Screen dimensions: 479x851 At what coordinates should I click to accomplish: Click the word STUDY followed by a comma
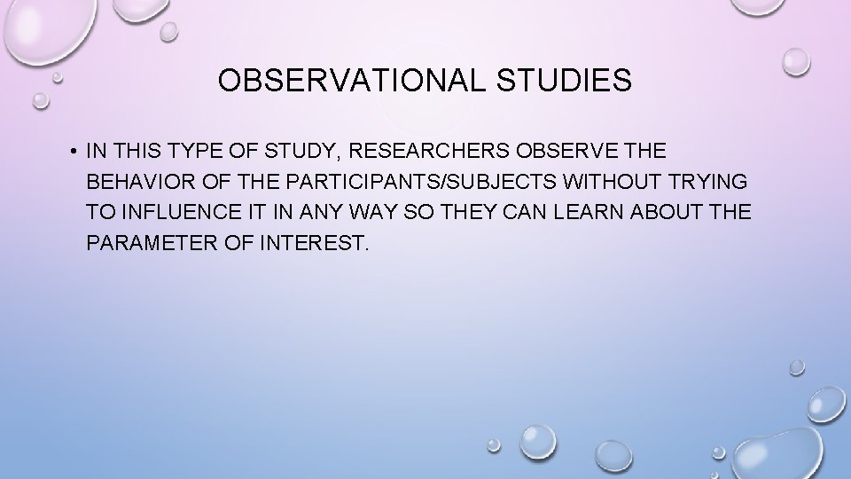point(290,151)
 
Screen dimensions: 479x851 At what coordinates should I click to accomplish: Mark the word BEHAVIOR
point(136,181)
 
